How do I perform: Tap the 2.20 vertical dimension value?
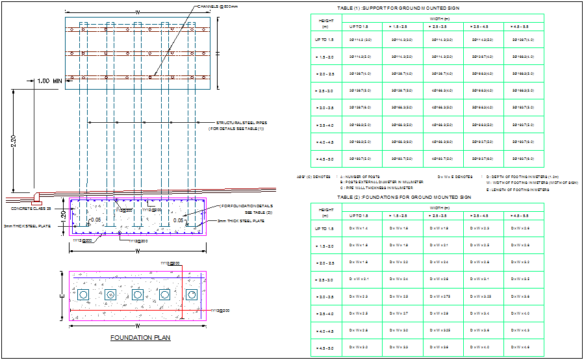[x=14, y=142]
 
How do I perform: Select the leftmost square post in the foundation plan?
[x=84, y=295]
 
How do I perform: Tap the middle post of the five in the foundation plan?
[x=138, y=295]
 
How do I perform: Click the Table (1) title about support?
[x=398, y=8]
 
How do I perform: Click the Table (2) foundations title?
[x=403, y=196]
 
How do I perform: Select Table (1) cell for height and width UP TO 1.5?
[x=359, y=40]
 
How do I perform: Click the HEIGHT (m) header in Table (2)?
[x=326, y=211]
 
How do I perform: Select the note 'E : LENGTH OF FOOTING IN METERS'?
[x=515, y=190]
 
